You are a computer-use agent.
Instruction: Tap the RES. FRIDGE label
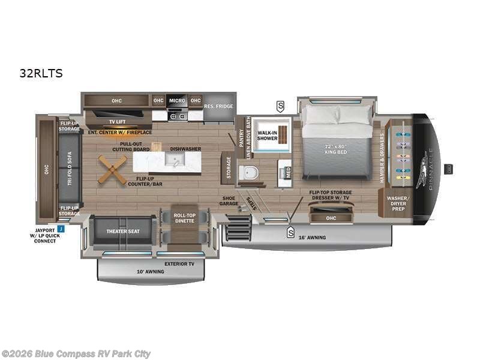click(218, 107)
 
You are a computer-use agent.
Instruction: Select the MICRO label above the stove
click(177, 100)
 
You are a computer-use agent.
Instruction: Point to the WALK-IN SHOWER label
click(268, 134)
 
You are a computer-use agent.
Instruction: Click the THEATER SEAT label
click(124, 231)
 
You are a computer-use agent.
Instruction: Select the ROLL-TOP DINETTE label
click(185, 218)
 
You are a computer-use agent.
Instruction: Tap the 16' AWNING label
click(313, 237)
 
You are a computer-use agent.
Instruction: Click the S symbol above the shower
click(280, 107)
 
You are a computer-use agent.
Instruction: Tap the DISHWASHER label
click(185, 149)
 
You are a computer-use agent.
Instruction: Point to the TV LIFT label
click(116, 121)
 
